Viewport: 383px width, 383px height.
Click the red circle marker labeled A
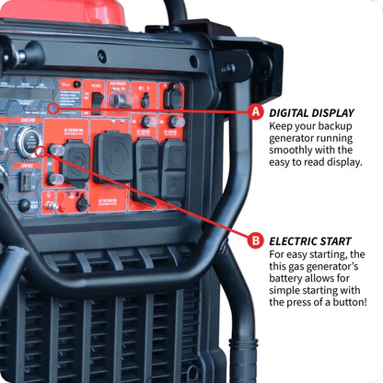256,111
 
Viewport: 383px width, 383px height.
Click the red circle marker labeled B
256,241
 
